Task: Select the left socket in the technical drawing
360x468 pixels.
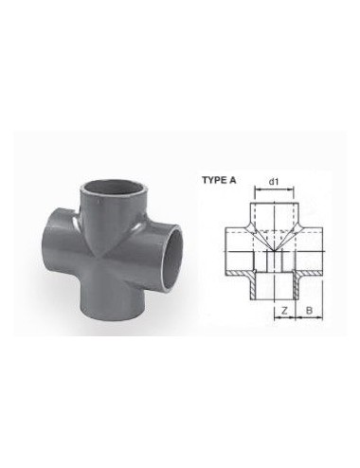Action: click(237, 249)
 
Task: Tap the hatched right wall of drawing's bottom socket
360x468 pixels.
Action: click(294, 284)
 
